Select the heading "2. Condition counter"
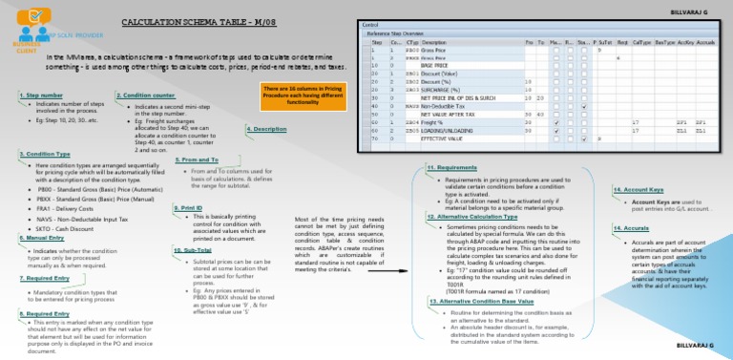click(146, 95)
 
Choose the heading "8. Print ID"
click(188, 206)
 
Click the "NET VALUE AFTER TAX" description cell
click(448, 114)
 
